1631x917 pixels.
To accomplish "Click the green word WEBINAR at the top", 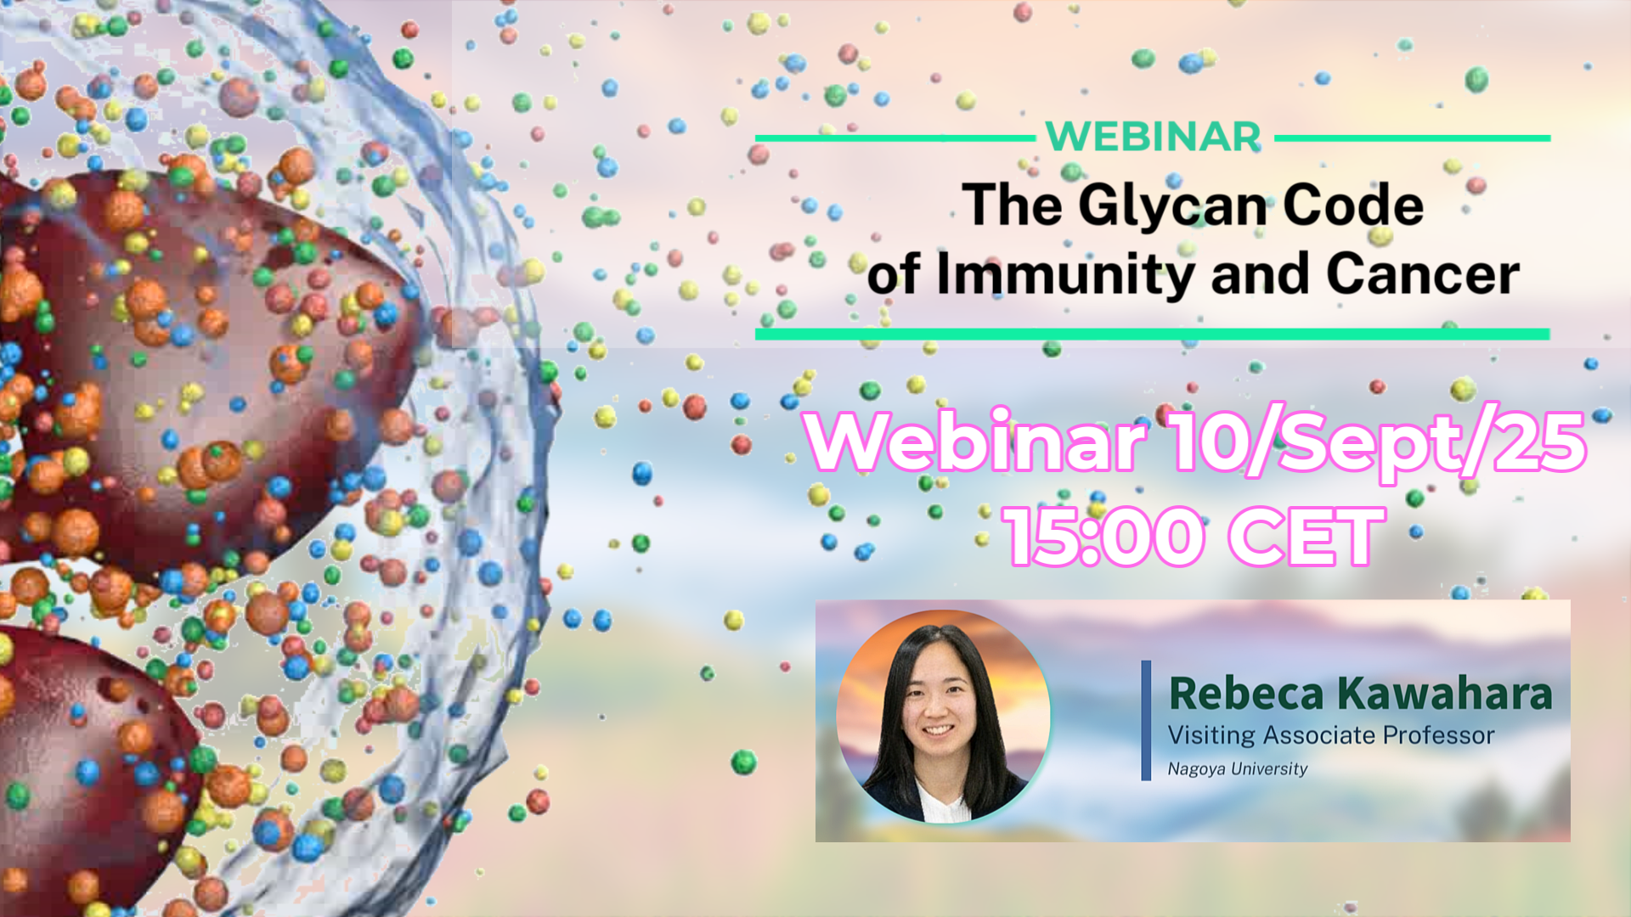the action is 1154,137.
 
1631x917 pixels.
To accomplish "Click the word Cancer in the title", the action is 1423,273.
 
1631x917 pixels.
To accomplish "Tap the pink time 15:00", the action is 1103,536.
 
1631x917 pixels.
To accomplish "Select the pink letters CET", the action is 1308,536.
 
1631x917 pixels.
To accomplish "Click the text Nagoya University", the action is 1237,768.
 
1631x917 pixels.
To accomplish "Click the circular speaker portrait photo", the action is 943,717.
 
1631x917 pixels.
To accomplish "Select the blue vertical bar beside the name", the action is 1146,720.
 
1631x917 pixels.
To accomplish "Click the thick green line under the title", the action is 1153,334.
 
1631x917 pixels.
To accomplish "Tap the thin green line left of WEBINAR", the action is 895,138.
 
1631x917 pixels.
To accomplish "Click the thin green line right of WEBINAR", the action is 1413,138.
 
